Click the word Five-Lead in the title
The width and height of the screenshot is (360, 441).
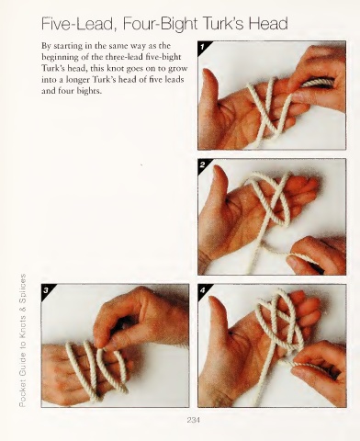tap(77, 24)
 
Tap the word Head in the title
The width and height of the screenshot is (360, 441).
tap(268, 23)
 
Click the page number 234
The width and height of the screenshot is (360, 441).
tap(193, 420)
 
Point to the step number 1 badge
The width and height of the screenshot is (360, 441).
tap(202, 47)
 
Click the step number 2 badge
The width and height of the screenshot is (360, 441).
tap(202, 164)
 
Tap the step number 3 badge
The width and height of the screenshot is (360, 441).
tap(46, 290)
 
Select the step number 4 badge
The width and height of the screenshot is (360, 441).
tap(202, 290)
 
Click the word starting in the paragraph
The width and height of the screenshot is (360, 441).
tap(66, 46)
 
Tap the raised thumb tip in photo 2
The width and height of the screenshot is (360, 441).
tap(218, 168)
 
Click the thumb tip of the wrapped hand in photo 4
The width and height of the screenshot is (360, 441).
tap(213, 300)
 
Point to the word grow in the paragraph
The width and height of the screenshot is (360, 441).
tap(179, 69)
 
